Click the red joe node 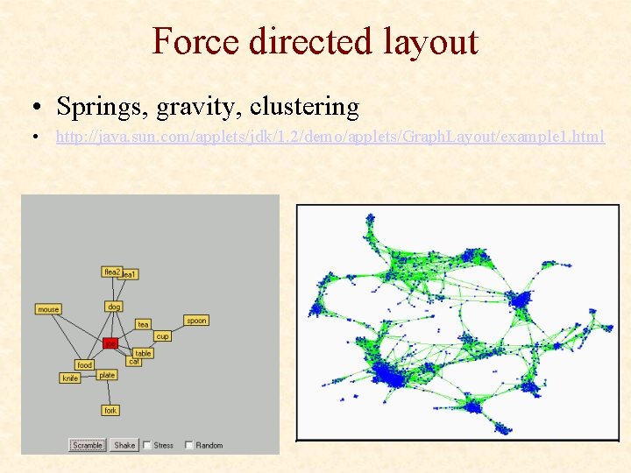point(110,343)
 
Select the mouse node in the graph point(48,309)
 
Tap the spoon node point(196,321)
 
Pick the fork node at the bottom point(110,410)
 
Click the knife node point(70,378)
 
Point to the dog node point(114,307)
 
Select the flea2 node point(110,272)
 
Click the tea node point(143,324)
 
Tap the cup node point(162,336)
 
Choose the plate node point(107,375)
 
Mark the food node point(84,364)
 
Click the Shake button point(124,445)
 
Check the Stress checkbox point(146,445)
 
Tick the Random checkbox point(189,445)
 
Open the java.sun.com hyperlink point(330,138)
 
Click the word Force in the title point(197,42)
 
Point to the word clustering point(304,107)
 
